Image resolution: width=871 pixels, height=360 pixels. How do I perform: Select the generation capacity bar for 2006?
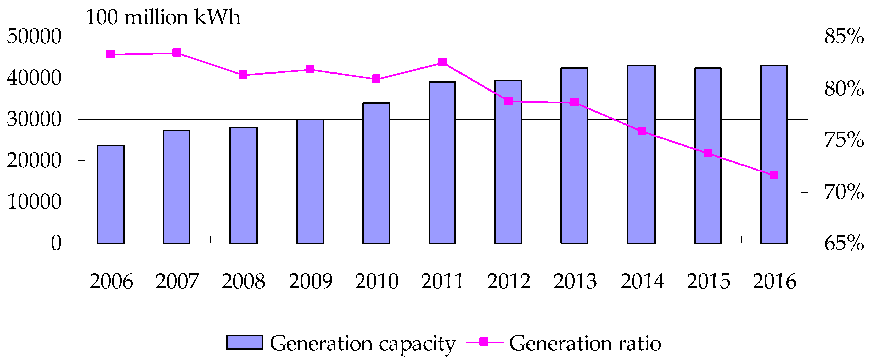pos(111,194)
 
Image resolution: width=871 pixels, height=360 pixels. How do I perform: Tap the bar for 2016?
pos(774,154)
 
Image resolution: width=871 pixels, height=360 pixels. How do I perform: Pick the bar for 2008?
pos(243,185)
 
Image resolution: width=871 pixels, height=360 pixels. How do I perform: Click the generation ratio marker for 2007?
pos(177,52)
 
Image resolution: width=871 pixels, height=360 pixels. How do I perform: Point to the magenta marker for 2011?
pos(442,62)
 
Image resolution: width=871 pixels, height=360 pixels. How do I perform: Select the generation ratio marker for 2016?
pos(774,175)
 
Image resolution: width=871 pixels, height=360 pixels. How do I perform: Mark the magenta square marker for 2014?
pos(642,131)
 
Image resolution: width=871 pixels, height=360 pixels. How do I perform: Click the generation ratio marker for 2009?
pos(310,69)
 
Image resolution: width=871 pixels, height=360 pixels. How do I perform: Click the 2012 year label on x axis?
pos(509,281)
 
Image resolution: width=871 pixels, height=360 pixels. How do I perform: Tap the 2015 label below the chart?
pos(708,281)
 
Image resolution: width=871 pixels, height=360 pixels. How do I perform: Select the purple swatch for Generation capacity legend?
pos(244,342)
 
